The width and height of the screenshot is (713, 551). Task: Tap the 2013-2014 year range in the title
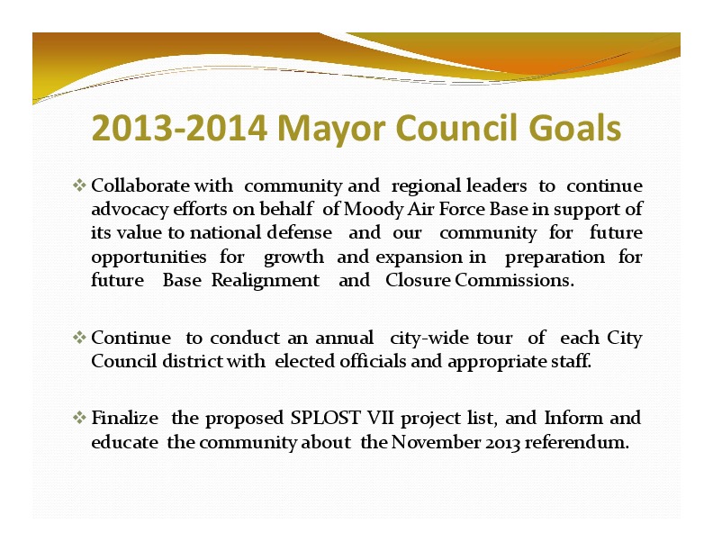(x=179, y=127)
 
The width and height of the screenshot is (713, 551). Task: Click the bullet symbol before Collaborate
(x=79, y=185)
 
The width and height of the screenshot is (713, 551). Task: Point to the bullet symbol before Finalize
(x=79, y=418)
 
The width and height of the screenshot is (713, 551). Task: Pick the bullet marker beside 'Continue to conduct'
(x=79, y=338)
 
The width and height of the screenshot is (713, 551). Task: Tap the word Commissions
(x=514, y=280)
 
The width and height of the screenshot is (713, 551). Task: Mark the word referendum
(x=577, y=442)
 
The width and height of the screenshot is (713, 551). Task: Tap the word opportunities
(x=149, y=258)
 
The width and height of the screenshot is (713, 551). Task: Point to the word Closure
(x=418, y=280)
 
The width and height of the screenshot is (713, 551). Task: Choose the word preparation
(x=555, y=258)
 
